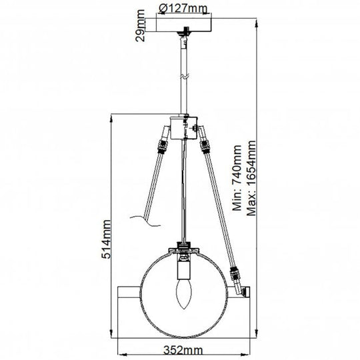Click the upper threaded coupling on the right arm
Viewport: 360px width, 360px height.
point(203,143)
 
